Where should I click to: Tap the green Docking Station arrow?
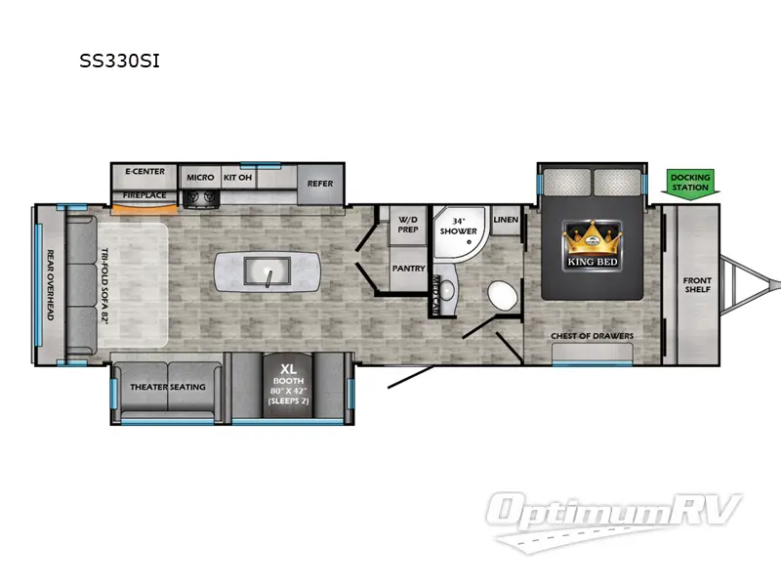[x=690, y=183]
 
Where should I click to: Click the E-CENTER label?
[x=144, y=173]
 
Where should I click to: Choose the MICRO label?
[x=200, y=177]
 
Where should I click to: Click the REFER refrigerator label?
[x=319, y=183]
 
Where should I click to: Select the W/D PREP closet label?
[x=407, y=226]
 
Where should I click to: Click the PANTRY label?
[x=407, y=267]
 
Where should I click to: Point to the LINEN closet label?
[x=505, y=220]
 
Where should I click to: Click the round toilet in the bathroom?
[x=502, y=294]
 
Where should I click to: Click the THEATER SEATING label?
[x=168, y=387]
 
